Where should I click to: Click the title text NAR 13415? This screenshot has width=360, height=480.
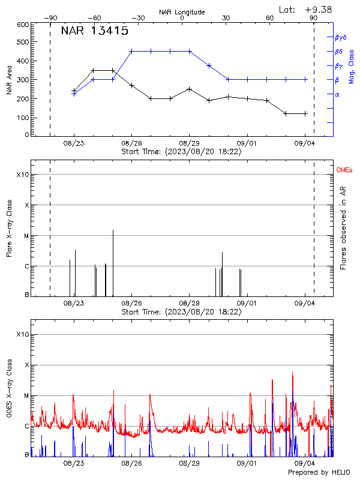point(95,32)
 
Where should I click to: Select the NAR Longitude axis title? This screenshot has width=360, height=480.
point(182,12)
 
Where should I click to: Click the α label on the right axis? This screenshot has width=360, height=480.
point(337,94)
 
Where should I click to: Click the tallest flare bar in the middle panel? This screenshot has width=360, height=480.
point(113,263)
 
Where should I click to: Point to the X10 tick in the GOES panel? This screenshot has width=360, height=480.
point(22,334)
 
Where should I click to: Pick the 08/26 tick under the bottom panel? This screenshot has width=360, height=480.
point(132,464)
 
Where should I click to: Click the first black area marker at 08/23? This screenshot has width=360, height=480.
point(74,91)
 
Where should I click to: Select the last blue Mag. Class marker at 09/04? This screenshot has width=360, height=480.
point(305,79)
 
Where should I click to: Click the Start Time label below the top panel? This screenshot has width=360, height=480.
point(181,152)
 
